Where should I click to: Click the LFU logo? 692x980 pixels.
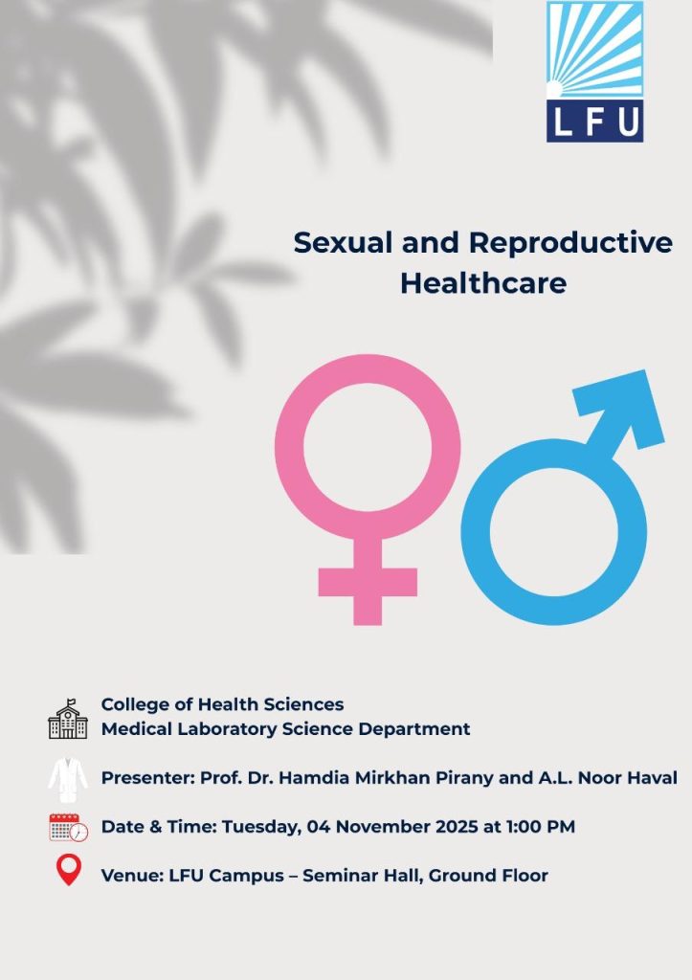click(594, 71)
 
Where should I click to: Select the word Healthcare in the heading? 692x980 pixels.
click(483, 283)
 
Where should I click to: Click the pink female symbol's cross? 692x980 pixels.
click(368, 583)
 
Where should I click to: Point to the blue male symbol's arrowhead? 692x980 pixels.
click(622, 408)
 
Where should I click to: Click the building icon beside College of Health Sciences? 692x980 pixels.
click(68, 720)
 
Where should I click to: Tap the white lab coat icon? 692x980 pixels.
click(68, 779)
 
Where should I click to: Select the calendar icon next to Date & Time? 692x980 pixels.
click(69, 828)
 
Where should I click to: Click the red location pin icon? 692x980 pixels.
click(68, 870)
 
